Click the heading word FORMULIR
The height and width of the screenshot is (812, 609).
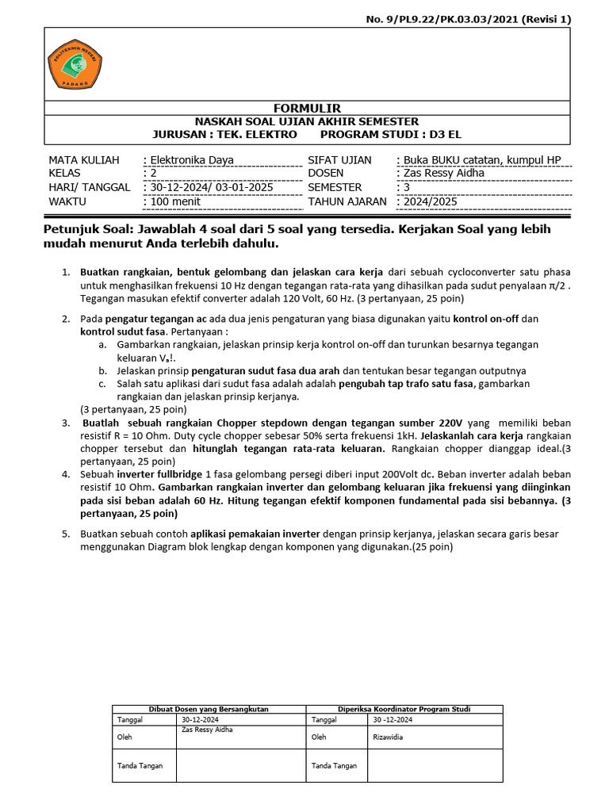307,108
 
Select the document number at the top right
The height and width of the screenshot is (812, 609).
478,19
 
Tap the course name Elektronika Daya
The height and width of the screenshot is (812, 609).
188,160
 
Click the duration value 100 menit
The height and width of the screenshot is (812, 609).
172,201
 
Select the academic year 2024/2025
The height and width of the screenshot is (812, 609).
430,201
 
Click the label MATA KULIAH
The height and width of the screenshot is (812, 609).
84,160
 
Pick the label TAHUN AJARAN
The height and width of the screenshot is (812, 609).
347,201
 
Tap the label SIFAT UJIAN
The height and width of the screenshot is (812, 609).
339,160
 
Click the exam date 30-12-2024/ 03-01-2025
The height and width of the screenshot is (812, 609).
209,188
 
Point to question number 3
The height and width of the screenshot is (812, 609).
67,423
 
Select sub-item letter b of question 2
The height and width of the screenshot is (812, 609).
102,370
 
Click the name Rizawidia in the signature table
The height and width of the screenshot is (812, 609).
389,737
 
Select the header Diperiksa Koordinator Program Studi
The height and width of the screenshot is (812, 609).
404,709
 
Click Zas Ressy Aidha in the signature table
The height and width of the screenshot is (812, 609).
207,730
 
